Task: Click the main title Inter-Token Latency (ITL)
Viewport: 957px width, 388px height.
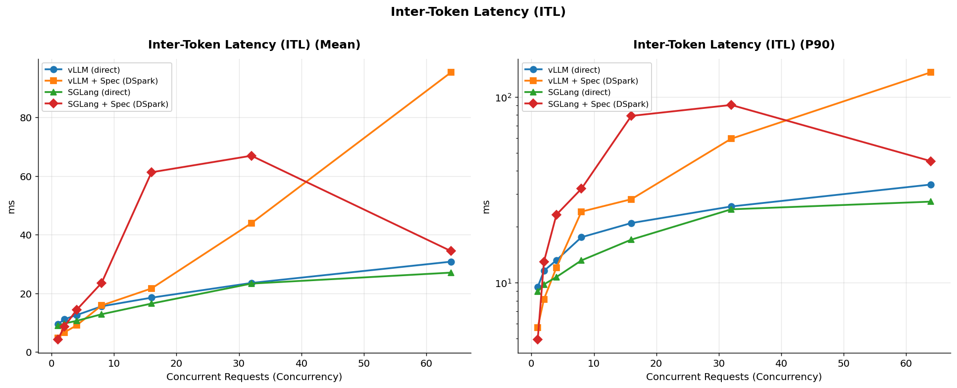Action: click(478, 12)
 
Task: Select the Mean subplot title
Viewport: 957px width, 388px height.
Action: click(254, 45)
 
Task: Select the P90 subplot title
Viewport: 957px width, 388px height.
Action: click(734, 45)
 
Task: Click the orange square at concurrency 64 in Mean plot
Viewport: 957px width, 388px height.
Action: click(451, 72)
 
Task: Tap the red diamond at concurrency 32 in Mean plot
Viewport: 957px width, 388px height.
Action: click(251, 156)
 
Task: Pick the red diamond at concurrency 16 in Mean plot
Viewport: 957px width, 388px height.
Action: click(151, 172)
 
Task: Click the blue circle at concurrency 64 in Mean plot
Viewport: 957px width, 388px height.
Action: click(451, 262)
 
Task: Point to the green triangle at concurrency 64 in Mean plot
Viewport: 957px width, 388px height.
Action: click(451, 273)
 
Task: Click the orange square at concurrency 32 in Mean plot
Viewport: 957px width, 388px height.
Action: click(251, 223)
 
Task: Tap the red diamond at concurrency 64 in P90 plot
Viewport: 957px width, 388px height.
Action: click(930, 161)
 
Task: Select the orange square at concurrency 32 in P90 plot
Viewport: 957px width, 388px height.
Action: click(731, 139)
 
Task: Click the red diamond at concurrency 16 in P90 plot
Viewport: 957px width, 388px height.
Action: click(631, 116)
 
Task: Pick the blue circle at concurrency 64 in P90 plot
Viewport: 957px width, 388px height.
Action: click(930, 185)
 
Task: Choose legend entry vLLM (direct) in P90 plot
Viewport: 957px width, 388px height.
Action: click(574, 70)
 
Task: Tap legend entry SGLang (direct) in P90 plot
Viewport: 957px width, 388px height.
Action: click(579, 93)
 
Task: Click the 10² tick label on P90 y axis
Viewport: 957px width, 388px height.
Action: click(504, 97)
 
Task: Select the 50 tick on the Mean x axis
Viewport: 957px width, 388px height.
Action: click(364, 363)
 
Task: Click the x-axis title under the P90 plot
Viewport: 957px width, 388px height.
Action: click(734, 377)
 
